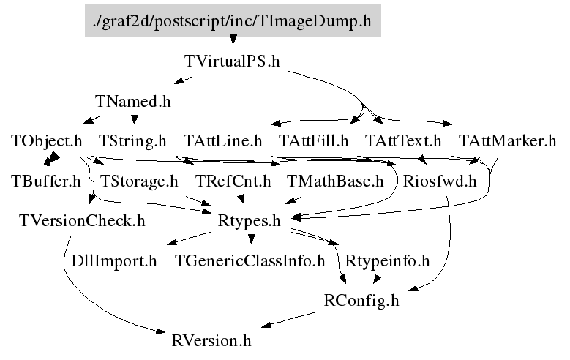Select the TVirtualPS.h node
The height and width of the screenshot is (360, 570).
[232, 61]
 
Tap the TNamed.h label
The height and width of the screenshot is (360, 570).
[132, 101]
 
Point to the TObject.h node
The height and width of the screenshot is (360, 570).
[46, 140]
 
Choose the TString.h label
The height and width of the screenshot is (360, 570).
[132, 140]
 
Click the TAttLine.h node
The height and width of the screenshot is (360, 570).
[222, 140]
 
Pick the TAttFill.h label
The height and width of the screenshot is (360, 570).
[314, 140]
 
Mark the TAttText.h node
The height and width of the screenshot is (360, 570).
[403, 140]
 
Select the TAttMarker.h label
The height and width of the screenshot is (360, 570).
[507, 140]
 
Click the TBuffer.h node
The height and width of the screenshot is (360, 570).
[46, 181]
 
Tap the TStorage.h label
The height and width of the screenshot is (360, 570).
[138, 181]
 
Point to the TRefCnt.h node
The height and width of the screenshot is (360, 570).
[233, 181]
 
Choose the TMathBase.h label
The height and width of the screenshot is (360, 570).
[334, 181]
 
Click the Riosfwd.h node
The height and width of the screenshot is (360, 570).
[439, 181]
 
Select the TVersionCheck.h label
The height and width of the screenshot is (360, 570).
[82, 220]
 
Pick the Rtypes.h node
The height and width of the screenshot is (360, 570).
[250, 220]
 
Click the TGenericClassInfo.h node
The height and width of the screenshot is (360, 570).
[250, 260]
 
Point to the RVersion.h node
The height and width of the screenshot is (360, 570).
[211, 340]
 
